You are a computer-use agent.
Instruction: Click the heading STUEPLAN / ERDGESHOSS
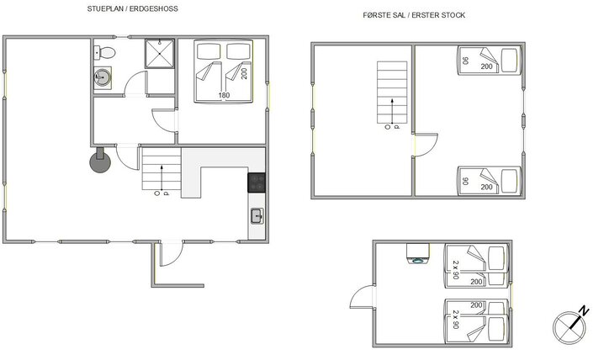point(132,8)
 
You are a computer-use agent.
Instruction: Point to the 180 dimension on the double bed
point(224,95)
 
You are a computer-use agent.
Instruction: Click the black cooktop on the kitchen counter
point(257,183)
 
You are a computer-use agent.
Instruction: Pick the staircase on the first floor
point(389,93)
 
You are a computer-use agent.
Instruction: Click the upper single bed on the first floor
point(487,61)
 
